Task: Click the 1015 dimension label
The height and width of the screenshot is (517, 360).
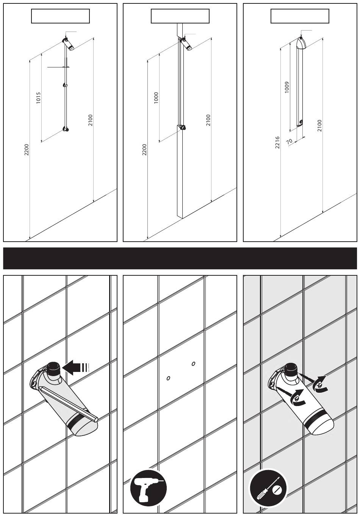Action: pos(39,98)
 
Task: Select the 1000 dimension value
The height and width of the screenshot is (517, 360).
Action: pos(156,98)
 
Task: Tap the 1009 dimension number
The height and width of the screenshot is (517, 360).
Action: pos(287,87)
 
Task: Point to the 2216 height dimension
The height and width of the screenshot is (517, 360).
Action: pos(277,142)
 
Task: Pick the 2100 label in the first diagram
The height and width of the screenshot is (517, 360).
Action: pos(90,120)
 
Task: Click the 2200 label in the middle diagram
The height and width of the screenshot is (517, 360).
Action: pos(144,150)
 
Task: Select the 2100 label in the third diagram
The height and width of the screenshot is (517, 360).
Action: pos(319,125)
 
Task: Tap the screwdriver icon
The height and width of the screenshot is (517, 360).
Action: pos(268,489)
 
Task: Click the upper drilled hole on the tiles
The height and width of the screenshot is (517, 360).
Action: pos(194,364)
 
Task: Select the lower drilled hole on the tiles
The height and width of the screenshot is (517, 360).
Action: pos(169,378)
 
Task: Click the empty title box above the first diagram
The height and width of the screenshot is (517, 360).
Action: pos(60,16)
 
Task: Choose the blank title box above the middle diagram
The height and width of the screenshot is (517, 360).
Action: pos(180,16)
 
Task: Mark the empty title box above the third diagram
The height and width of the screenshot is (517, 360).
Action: pos(300,16)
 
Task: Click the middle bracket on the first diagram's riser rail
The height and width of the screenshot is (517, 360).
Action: pos(65,85)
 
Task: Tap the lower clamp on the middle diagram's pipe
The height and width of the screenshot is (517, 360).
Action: pos(183,127)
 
